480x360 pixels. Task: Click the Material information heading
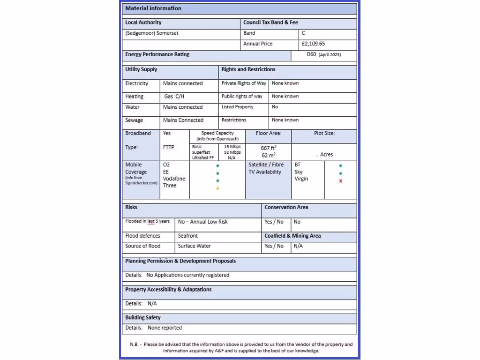tap(153, 8)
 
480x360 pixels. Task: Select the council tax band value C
tap(304, 33)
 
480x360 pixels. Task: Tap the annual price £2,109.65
tap(313, 44)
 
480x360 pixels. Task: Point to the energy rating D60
tap(312, 55)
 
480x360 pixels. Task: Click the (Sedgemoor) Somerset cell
tap(152, 33)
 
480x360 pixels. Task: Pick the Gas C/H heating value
tap(174, 97)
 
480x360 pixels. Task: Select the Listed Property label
tap(237, 107)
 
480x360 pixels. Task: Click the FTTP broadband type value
tap(168, 147)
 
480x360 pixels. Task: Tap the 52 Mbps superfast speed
tap(232, 152)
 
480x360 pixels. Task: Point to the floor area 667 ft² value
tap(269, 148)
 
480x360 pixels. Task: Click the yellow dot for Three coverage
tap(217, 188)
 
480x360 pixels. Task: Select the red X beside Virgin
tap(340, 181)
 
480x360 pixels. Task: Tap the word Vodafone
tap(174, 179)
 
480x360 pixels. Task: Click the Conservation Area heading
tap(286, 207)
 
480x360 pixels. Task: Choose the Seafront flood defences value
tap(187, 236)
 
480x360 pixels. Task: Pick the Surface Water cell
tap(194, 246)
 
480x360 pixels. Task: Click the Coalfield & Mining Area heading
tap(292, 236)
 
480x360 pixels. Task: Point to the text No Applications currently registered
tap(187, 275)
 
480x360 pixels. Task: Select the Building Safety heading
tap(142, 318)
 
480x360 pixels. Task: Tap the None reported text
tap(165, 328)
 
